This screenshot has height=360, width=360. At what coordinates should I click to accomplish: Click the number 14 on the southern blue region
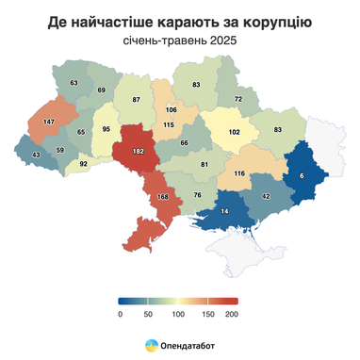[224, 212]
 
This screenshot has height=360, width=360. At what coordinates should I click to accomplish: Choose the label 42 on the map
[266, 195]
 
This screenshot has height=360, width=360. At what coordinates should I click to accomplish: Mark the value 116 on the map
[239, 173]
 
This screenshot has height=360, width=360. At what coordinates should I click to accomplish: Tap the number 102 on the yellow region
[234, 132]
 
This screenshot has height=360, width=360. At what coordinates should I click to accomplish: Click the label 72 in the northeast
[239, 99]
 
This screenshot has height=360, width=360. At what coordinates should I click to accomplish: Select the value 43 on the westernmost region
[36, 155]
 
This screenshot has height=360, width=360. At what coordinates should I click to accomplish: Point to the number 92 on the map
[83, 163]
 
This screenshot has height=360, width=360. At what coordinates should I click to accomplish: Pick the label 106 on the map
[171, 110]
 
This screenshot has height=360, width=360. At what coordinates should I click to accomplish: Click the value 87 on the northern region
[136, 99]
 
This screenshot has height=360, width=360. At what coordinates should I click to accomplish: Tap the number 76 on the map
[197, 194]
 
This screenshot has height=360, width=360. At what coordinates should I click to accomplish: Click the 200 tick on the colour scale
[232, 315]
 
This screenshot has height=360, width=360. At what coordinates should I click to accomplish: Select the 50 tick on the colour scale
[148, 315]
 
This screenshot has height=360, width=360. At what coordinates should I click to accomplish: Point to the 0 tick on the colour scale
[121, 315]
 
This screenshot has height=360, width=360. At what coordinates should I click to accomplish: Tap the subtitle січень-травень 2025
[179, 41]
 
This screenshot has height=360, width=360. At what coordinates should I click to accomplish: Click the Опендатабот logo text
[187, 345]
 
